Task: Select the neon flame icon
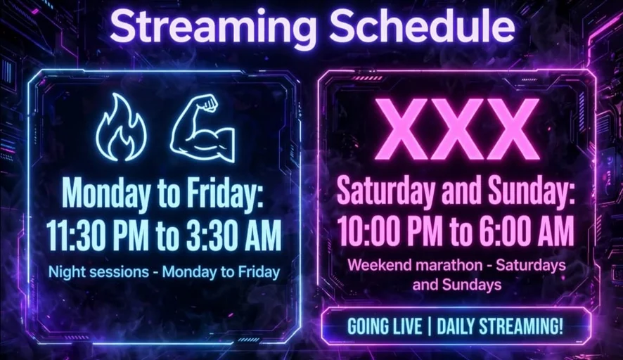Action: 121,127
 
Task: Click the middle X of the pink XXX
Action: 457,129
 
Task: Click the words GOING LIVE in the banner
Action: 385,327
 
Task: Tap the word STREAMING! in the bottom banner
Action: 520,327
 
